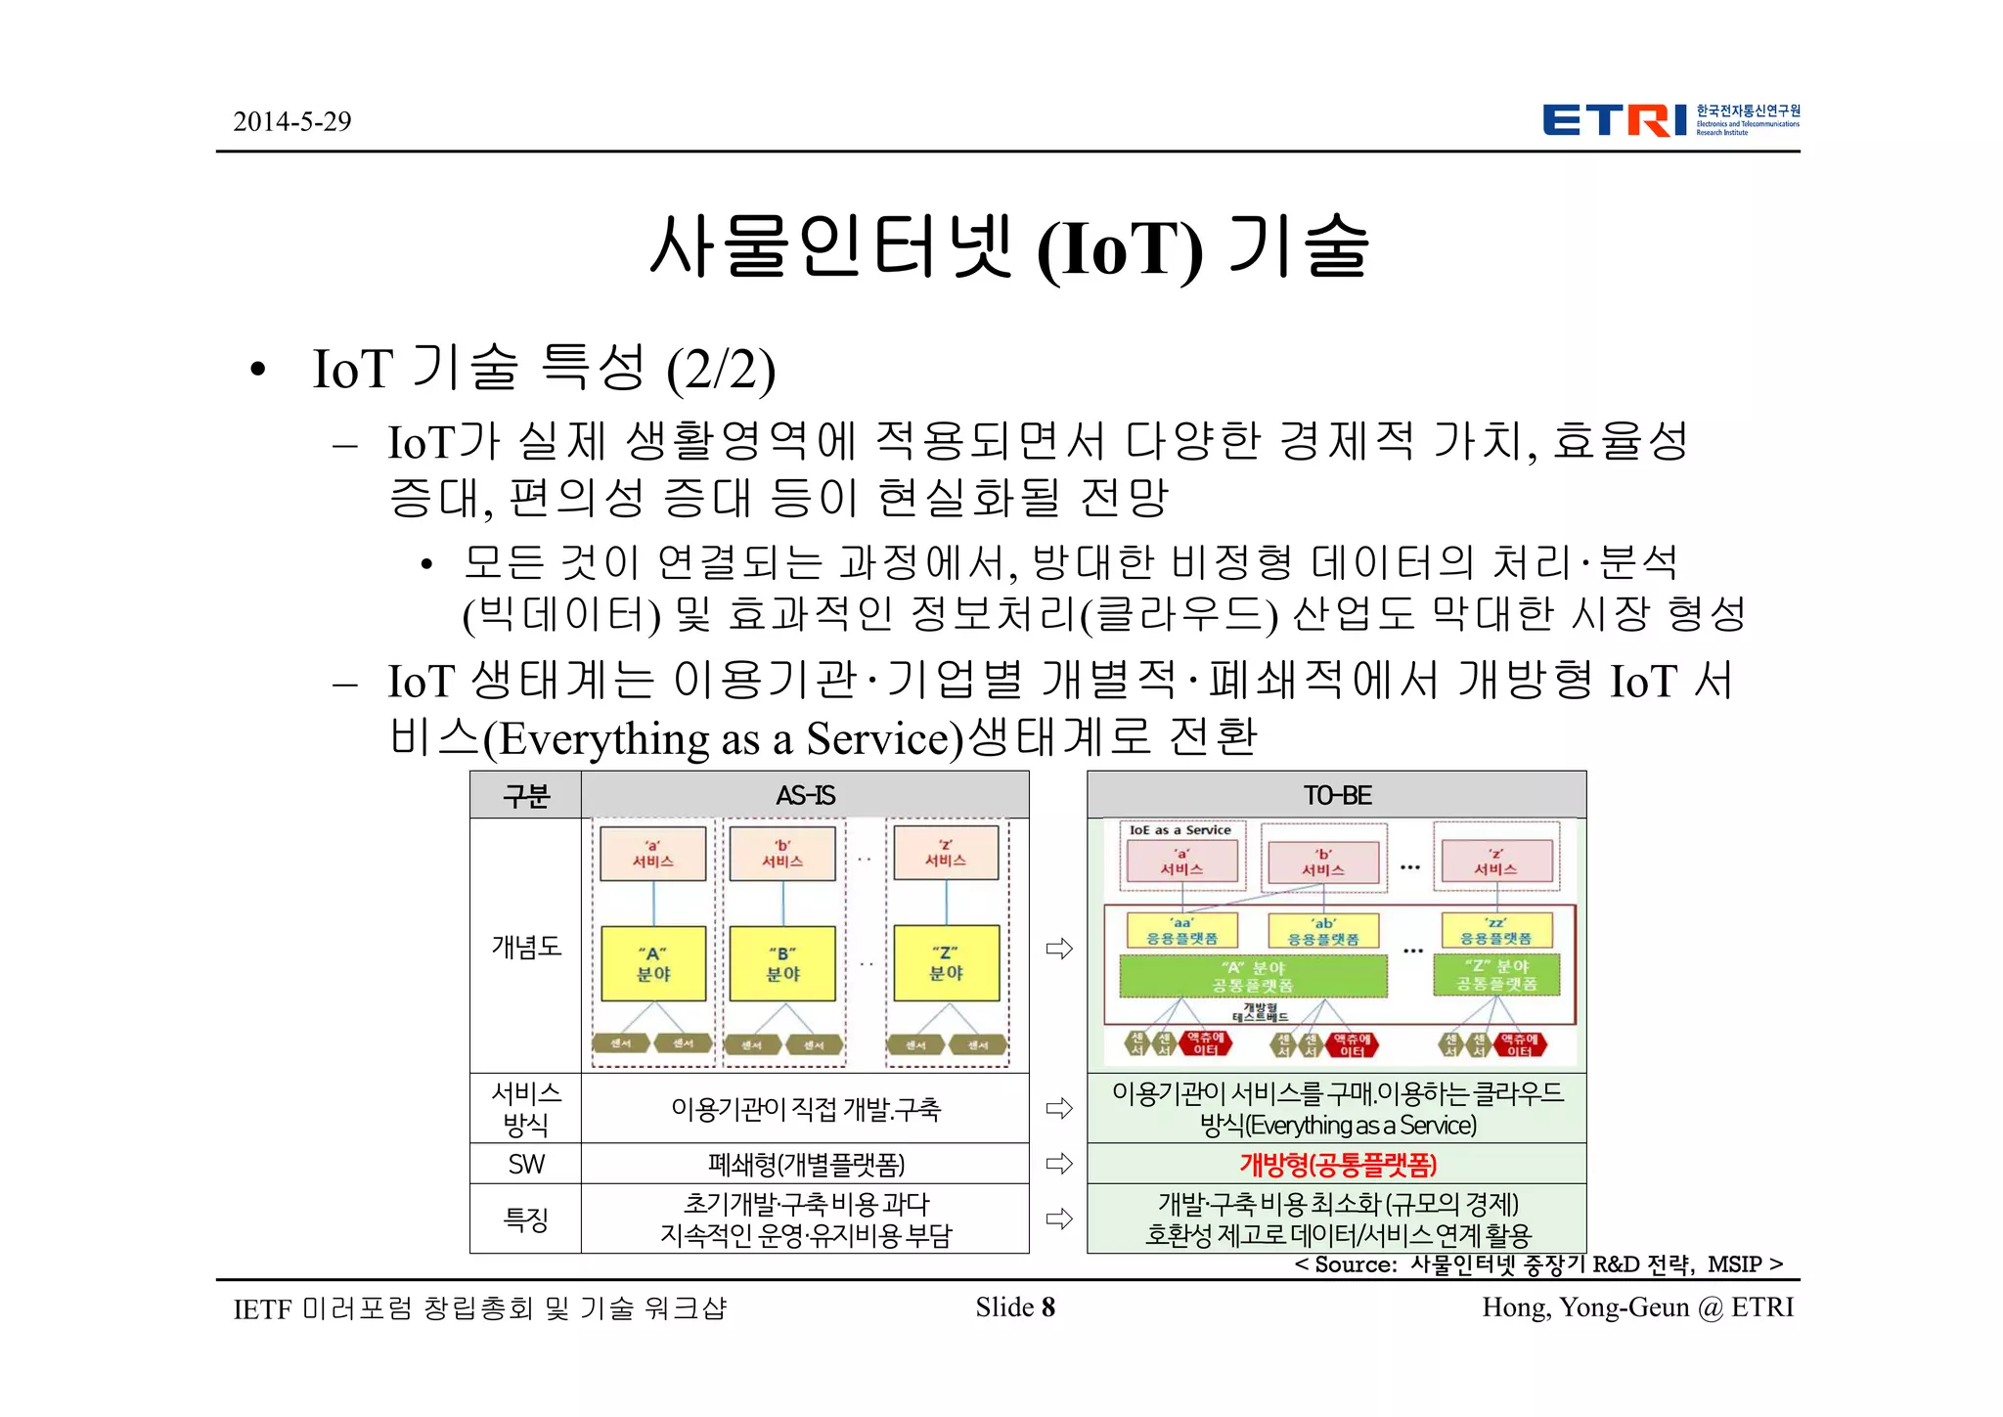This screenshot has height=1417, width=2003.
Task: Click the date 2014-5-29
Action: (x=291, y=121)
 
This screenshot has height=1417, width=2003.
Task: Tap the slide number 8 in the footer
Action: (x=1047, y=1307)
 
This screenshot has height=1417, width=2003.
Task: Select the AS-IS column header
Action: (x=805, y=795)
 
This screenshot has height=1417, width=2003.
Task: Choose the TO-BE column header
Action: (x=1336, y=795)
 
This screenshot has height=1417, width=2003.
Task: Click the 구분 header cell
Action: (x=526, y=795)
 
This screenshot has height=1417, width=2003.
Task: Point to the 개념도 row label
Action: (x=526, y=946)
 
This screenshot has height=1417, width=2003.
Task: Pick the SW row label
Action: (x=526, y=1164)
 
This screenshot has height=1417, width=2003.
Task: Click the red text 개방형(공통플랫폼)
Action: (x=1337, y=1165)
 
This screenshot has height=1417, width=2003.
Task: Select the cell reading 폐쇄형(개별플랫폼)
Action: (x=806, y=1165)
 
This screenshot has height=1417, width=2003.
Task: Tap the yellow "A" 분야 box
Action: (x=653, y=963)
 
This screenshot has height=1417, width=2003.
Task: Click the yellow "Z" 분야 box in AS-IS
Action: (x=946, y=963)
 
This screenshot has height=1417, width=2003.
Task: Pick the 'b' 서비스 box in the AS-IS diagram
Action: (x=782, y=853)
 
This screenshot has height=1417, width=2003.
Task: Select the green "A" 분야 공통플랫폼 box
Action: (x=1253, y=975)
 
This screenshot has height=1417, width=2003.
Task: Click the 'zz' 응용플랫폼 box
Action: (x=1496, y=930)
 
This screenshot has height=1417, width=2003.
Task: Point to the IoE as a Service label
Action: (x=1180, y=830)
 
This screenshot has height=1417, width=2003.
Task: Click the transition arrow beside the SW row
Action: (x=1059, y=1164)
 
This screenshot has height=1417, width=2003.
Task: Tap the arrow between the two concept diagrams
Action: (x=1059, y=948)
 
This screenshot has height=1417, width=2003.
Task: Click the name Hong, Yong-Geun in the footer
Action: (x=1584, y=1307)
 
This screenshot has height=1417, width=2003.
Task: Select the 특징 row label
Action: (x=526, y=1218)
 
